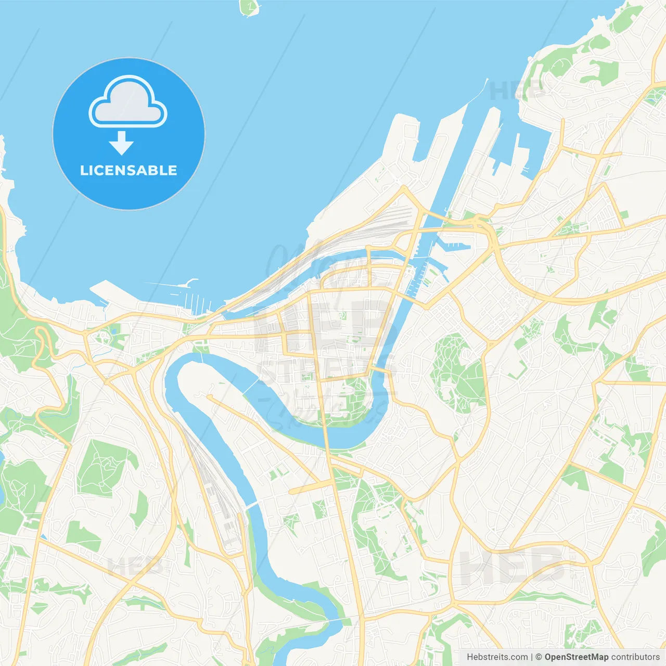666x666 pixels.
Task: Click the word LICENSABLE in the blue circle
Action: coord(129,171)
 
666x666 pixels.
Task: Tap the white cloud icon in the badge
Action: coord(128,103)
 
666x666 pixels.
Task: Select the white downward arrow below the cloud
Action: coord(121,144)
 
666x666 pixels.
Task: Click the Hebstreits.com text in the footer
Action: coord(497,657)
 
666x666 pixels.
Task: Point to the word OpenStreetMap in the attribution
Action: coord(576,657)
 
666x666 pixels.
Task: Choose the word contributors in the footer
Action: coord(635,657)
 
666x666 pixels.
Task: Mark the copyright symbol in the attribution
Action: coord(539,657)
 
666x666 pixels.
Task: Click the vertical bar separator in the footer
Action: coord(532,657)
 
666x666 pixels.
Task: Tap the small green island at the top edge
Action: coord(250,7)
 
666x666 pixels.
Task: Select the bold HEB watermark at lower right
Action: coord(512,567)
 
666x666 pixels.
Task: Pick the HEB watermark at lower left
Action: coord(135,566)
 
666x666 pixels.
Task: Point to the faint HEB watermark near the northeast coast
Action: coord(516,91)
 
